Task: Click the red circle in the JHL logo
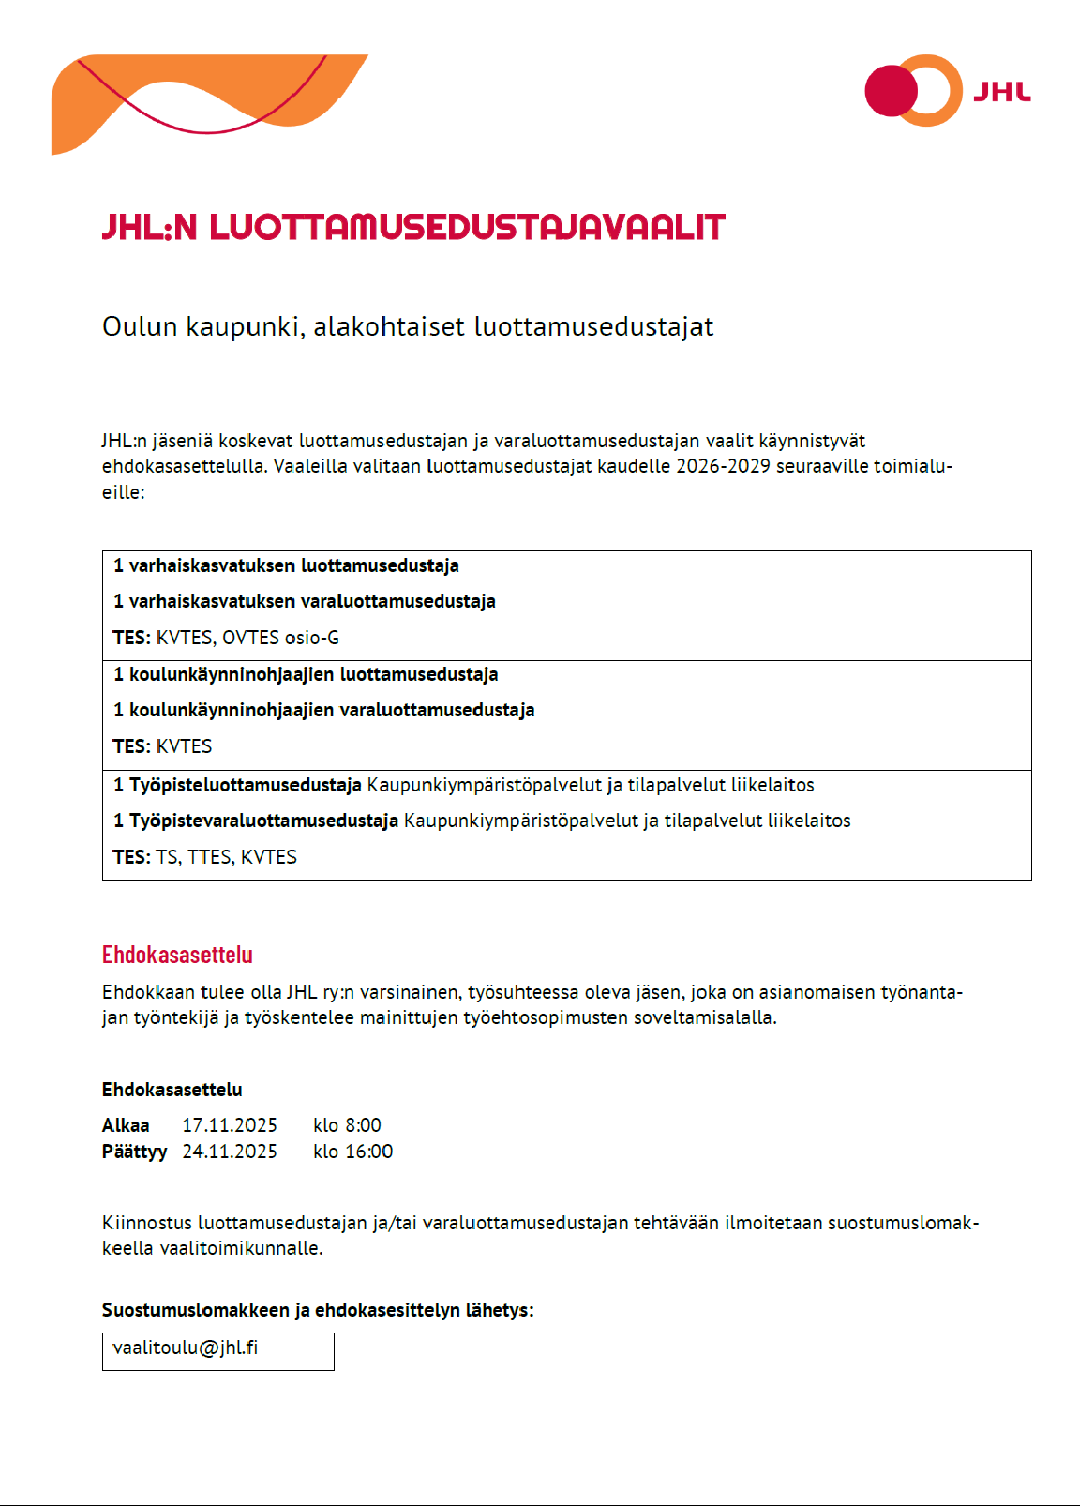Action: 891,91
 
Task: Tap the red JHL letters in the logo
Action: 1001,92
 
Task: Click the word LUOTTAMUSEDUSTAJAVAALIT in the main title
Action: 467,228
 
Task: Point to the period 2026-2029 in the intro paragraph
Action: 723,466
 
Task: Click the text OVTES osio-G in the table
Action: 280,638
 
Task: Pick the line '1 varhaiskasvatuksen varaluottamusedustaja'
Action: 305,601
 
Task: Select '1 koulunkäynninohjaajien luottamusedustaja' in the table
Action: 306,674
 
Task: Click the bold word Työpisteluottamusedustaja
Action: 246,785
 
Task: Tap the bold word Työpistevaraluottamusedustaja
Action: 263,821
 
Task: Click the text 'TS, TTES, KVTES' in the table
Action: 226,857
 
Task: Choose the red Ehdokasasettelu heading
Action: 177,955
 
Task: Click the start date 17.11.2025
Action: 230,1125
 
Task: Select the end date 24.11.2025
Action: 230,1152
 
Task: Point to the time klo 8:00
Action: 347,1125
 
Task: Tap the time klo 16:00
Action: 352,1152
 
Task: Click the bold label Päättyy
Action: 134,1152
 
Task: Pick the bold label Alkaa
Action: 126,1125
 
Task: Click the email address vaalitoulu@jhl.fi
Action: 185,1348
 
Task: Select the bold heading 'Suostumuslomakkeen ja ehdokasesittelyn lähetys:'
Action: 318,1310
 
